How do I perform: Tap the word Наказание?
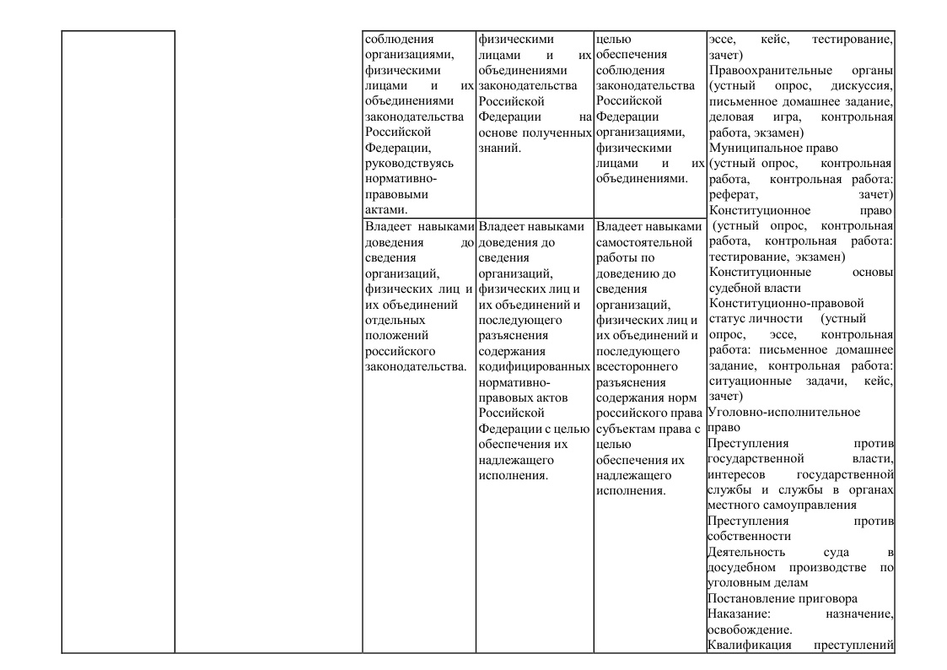pos(736,615)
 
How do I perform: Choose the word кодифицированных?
pos(534,367)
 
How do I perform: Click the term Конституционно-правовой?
pos(787,304)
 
